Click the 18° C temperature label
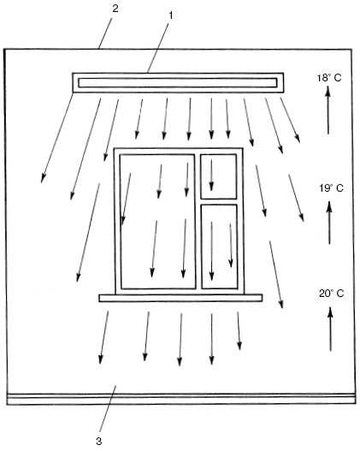coord(329,78)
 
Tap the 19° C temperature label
coord(331,188)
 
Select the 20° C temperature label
coord(331,294)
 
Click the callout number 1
coord(171,15)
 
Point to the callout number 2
coord(115,9)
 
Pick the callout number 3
coord(99,441)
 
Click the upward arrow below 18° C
coord(328,110)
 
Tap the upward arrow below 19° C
coord(329,223)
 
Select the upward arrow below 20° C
coord(330,329)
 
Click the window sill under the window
coord(180,298)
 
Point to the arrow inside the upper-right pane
coord(211,175)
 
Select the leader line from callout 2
coord(104,32)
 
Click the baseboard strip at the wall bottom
coord(181,400)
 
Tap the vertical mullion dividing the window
coord(198,222)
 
